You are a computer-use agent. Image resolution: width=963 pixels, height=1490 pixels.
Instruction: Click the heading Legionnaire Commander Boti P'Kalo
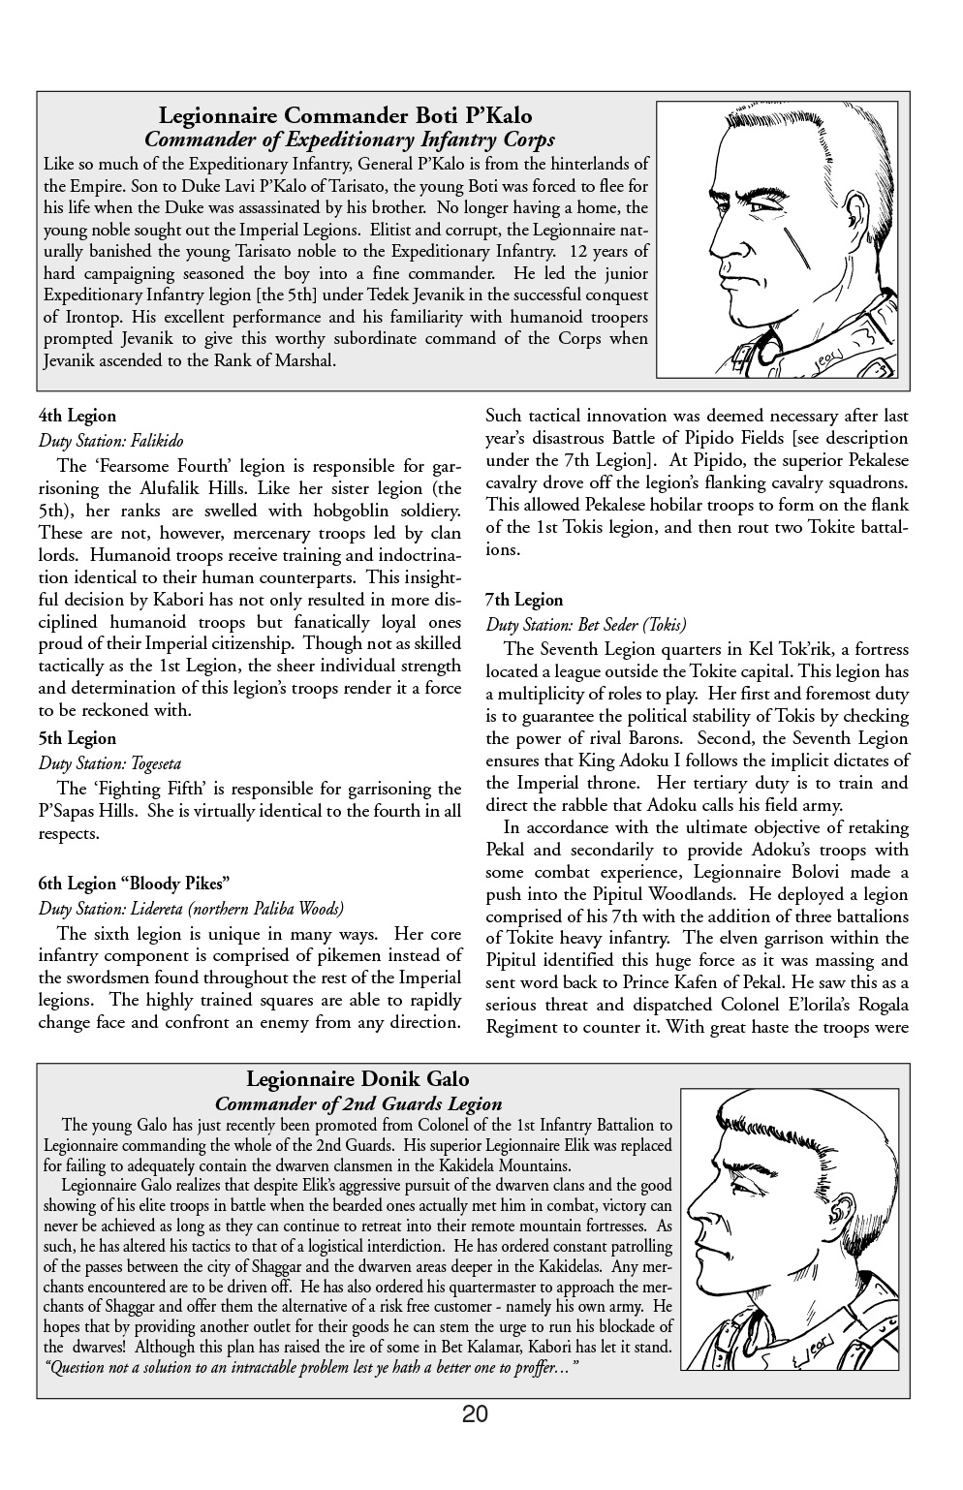tap(345, 117)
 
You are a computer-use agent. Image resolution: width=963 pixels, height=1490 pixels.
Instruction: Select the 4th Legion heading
tap(78, 416)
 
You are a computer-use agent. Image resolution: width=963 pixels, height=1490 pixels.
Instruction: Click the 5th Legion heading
tap(78, 738)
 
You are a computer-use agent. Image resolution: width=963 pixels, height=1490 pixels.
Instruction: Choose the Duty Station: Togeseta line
tap(109, 763)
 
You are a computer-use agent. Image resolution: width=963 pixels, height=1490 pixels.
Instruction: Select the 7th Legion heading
tap(523, 600)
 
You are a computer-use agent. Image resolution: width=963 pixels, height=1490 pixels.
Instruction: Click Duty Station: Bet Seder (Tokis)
tap(585, 625)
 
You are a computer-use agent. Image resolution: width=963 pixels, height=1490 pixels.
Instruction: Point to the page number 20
tap(475, 1413)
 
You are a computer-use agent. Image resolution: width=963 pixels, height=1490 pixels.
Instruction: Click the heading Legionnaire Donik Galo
tap(357, 1078)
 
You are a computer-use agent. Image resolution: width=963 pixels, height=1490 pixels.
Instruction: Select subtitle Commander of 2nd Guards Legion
tap(357, 1103)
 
